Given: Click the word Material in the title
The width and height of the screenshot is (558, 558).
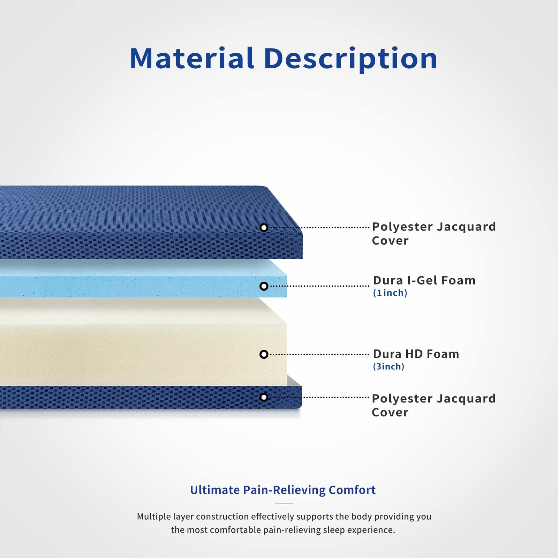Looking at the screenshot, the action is [192, 58].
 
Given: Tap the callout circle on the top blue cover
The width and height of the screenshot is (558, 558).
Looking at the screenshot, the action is [264, 228].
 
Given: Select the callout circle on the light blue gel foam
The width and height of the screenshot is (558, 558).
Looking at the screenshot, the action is [264, 286].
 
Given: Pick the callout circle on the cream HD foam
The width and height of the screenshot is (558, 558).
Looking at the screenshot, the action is [264, 354].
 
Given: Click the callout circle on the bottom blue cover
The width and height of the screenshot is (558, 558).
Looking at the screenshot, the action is [264, 397].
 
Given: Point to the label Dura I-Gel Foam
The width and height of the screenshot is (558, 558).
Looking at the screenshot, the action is [424, 280].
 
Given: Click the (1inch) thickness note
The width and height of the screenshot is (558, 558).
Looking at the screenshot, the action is [390, 293].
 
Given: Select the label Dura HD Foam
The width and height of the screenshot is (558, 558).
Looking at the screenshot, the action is [416, 354].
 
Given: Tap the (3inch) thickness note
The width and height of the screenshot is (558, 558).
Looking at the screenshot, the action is [389, 367].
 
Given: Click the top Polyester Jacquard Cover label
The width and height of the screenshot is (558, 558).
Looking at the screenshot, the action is [434, 233].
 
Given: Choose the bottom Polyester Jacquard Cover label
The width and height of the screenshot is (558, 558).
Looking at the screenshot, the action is [434, 405].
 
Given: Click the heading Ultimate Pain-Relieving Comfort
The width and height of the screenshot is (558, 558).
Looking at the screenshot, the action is [283, 490].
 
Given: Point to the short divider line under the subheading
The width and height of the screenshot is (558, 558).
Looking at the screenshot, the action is [284, 504].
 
